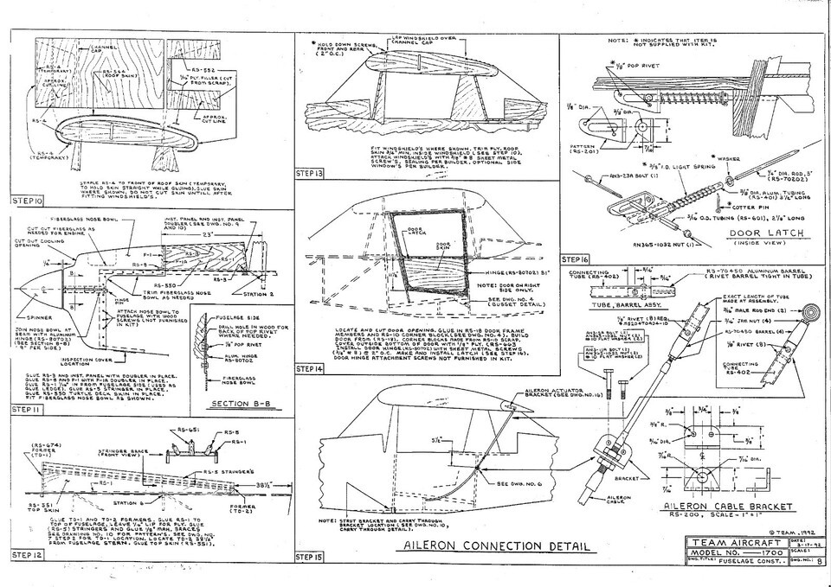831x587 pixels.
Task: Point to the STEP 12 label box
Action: click(x=28, y=553)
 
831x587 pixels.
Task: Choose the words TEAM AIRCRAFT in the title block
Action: click(x=717, y=542)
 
